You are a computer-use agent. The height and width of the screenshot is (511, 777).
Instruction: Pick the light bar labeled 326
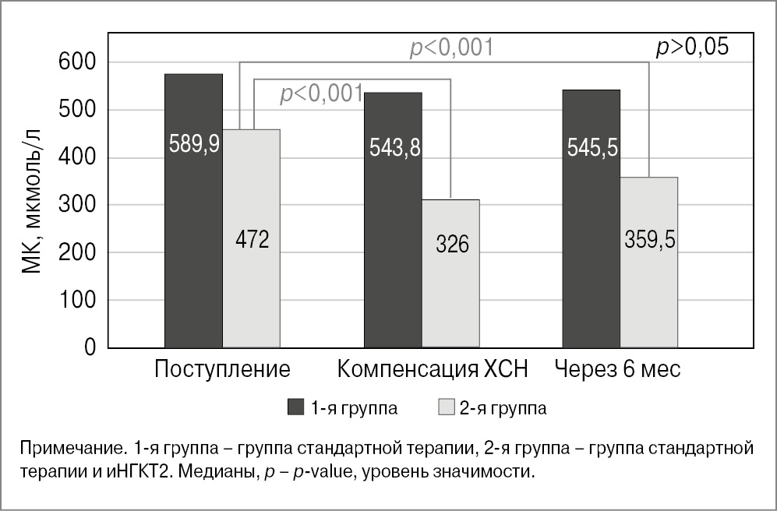pos(451,273)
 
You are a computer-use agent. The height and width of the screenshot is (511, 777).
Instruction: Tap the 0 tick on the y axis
pos(90,347)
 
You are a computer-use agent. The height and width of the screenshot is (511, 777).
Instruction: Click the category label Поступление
pos(222,369)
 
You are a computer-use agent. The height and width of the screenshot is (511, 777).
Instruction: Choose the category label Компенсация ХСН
pos(433,369)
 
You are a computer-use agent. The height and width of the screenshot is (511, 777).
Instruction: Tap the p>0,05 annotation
pos(691,48)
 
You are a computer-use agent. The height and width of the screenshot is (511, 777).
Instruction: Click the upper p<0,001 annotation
pos(451,48)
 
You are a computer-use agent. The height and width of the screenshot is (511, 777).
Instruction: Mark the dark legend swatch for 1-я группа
pos(295,407)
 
